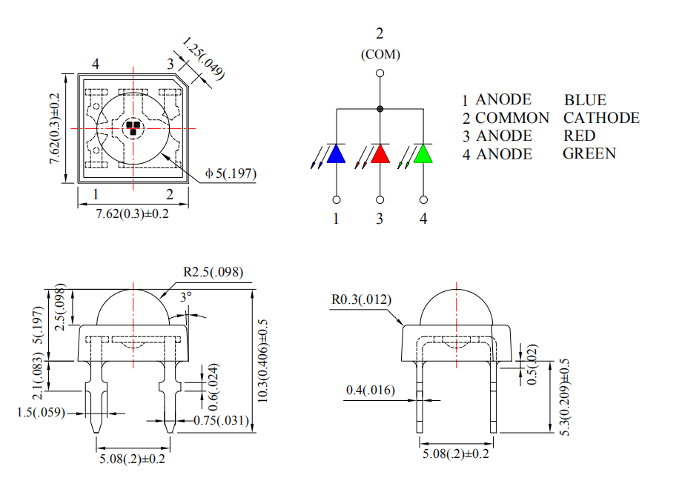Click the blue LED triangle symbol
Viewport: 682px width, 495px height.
(337, 154)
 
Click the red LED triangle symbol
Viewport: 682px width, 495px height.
(380, 154)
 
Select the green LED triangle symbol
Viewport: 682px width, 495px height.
(423, 154)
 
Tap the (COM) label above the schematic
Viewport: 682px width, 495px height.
(380, 54)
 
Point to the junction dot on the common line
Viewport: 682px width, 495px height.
(380, 109)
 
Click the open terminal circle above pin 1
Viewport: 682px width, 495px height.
(337, 199)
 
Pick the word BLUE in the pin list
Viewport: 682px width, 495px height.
(585, 100)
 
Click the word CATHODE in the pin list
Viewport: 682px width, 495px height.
(601, 118)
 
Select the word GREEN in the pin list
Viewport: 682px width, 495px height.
(589, 153)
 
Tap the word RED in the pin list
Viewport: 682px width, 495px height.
(579, 136)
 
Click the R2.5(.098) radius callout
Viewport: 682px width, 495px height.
(213, 272)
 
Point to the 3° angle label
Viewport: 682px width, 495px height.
(185, 296)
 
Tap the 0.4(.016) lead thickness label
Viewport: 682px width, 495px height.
(371, 391)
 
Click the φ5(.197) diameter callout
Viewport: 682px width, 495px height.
(231, 174)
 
